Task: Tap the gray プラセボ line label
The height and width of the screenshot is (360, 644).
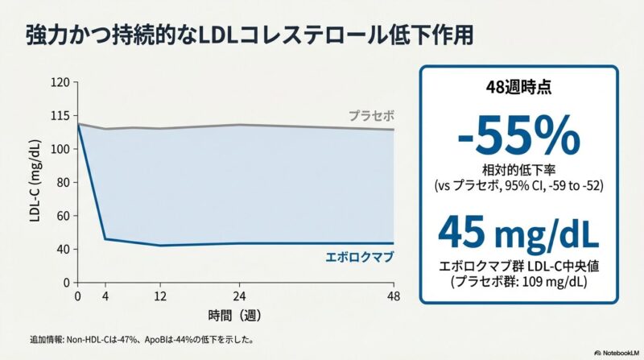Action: pyautogui.click(x=371, y=115)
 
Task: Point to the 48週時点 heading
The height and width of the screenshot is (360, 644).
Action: pyautogui.click(x=518, y=89)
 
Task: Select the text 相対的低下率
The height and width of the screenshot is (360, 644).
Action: pyautogui.click(x=518, y=172)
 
